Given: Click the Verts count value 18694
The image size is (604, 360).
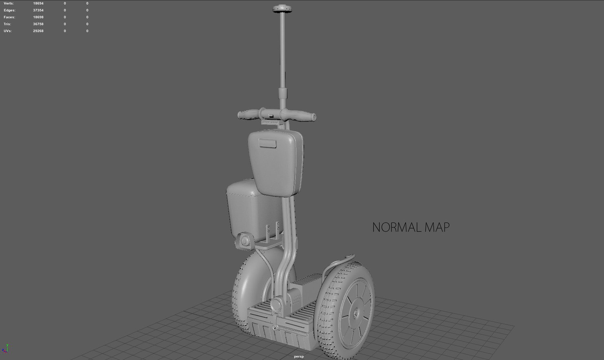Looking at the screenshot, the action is pyautogui.click(x=38, y=3).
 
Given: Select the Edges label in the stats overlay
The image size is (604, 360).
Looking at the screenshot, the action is pyautogui.click(x=10, y=10).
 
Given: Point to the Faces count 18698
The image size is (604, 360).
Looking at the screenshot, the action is pyautogui.click(x=38, y=17).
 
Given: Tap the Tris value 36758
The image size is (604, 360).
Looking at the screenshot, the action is pyautogui.click(x=38, y=24).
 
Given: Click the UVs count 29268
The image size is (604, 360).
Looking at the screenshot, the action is pyautogui.click(x=38, y=31).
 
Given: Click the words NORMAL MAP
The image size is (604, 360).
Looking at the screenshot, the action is pyautogui.click(x=411, y=228).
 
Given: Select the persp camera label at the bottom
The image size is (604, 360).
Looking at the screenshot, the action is pyautogui.click(x=299, y=356).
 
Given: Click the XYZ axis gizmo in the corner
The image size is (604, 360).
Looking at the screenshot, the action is pyautogui.click(x=5, y=348).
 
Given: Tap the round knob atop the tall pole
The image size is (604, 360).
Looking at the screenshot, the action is pyautogui.click(x=282, y=8).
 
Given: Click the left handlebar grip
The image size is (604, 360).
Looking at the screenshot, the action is pyautogui.click(x=248, y=114).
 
